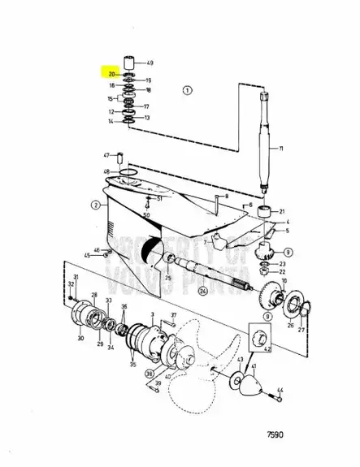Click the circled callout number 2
coord(95,206)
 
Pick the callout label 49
coord(150,63)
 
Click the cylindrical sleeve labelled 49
coord(128,63)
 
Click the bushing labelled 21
coord(263,213)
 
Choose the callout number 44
coord(280,392)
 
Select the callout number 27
coord(301,331)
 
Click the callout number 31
coord(76,279)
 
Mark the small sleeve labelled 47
coord(117,155)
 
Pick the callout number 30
coord(80,337)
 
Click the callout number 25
coord(167,278)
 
